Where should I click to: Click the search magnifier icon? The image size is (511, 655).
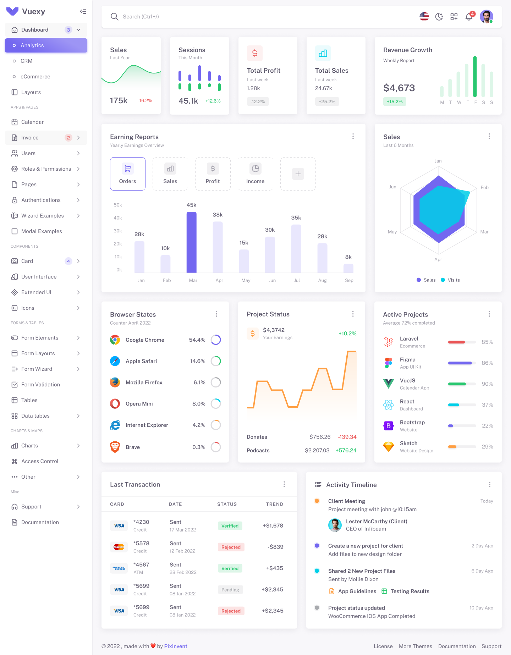(x=114, y=17)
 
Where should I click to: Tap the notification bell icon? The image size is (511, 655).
(x=469, y=17)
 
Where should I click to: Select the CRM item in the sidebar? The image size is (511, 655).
(x=26, y=61)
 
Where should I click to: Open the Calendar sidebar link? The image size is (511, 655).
(x=32, y=122)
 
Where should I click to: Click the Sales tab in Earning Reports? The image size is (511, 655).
(x=170, y=174)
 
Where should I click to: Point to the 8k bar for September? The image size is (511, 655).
(x=348, y=268)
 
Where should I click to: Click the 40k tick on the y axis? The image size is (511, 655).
(x=118, y=218)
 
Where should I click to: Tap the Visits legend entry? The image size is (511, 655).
(x=450, y=280)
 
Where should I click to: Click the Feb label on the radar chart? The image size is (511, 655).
(x=484, y=187)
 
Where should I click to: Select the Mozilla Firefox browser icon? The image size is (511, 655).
(x=115, y=382)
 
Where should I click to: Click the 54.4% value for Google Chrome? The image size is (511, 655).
(x=197, y=340)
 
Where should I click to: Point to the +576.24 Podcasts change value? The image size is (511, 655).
(x=346, y=450)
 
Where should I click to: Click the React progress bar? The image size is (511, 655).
(x=462, y=405)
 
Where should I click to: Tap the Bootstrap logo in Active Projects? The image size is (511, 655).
(x=389, y=426)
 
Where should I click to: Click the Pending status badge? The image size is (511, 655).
(x=230, y=590)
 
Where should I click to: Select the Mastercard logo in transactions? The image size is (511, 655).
(x=119, y=547)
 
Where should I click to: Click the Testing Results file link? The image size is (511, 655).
(x=410, y=591)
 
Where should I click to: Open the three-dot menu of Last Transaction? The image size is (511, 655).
(x=284, y=484)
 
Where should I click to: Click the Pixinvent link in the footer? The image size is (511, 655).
(x=176, y=646)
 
